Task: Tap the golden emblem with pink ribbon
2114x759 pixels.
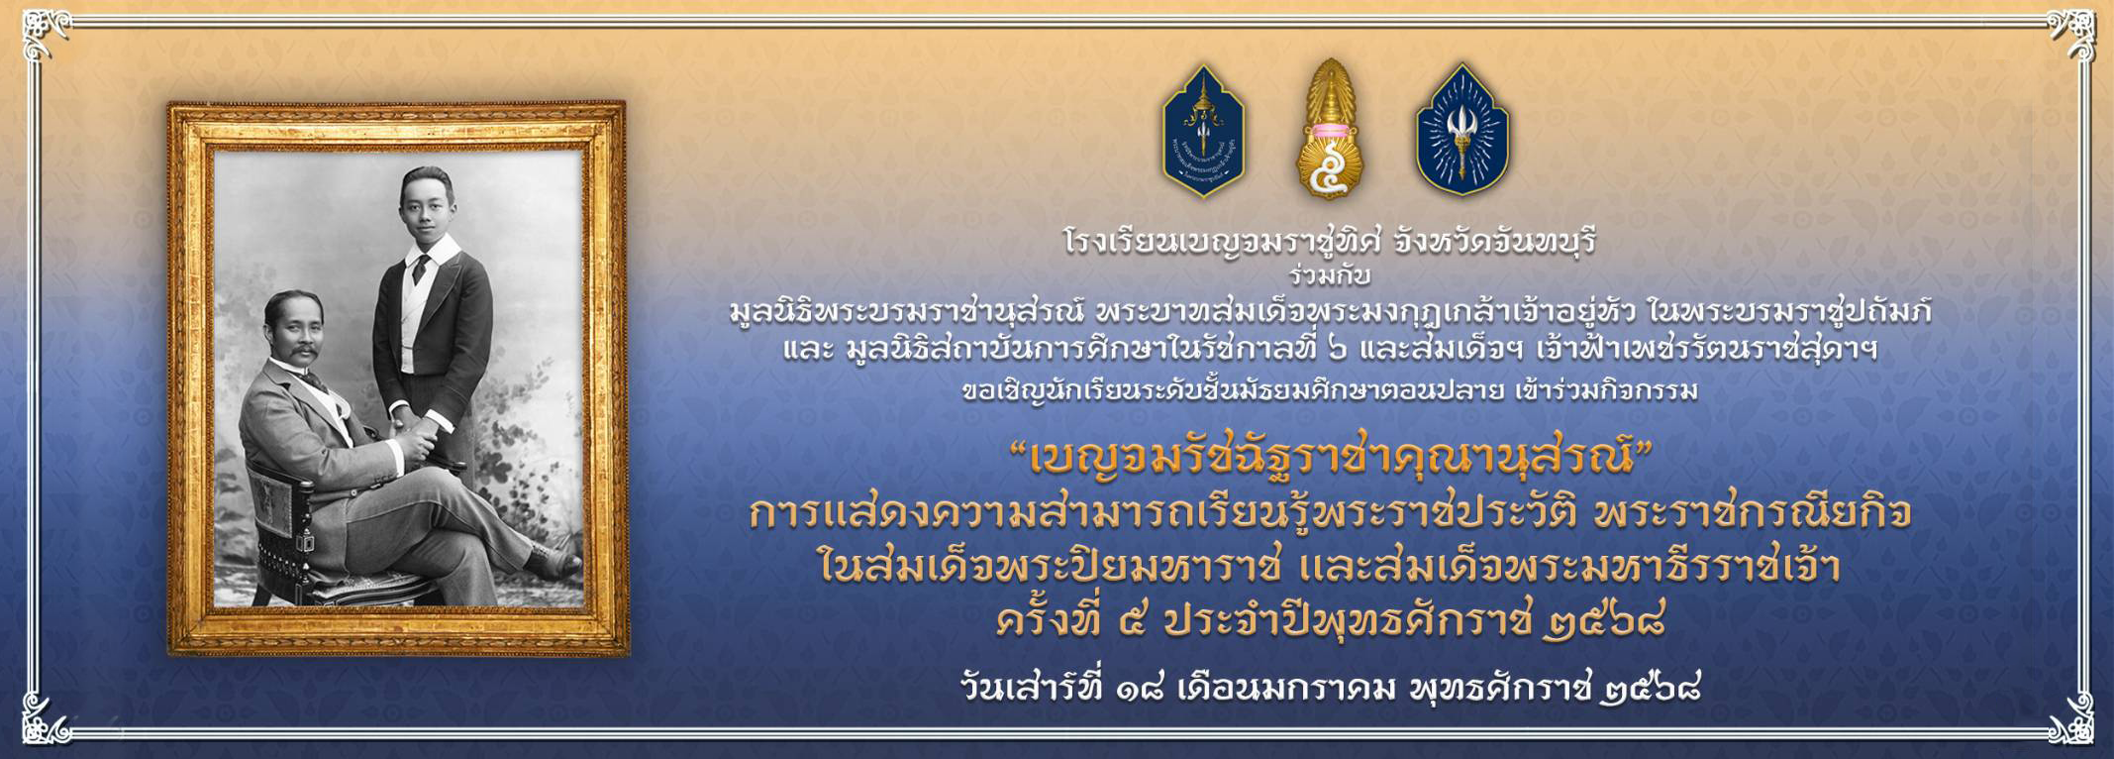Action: (x=1331, y=125)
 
